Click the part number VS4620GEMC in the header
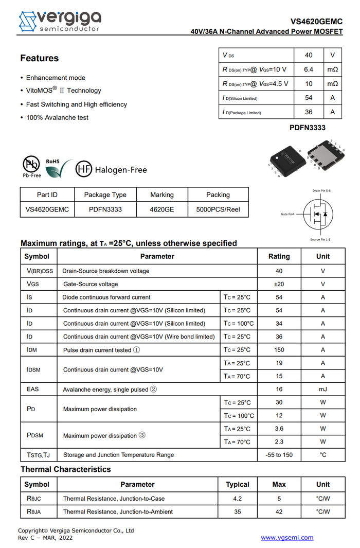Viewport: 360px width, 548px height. [316, 22]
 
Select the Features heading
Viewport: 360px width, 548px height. [40, 58]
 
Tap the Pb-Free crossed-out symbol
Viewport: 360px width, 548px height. [31, 165]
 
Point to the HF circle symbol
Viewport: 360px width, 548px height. [84, 169]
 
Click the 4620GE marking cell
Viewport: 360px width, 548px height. [162, 209]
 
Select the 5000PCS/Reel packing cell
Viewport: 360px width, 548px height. [218, 209]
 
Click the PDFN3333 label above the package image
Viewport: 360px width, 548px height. [308, 128]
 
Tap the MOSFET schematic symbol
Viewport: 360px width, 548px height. [317, 215]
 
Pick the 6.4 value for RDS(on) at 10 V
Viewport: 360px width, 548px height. [309, 69]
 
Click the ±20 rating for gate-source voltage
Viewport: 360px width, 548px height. [279, 284]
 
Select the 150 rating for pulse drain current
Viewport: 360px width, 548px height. [279, 350]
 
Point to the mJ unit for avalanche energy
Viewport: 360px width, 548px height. [323, 390]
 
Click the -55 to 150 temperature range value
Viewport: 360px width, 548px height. [279, 455]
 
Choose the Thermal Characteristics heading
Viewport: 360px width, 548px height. [65, 469]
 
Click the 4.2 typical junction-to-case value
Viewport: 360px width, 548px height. [238, 499]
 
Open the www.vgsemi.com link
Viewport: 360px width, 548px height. [287, 538]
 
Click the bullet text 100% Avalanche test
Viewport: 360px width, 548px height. [57, 118]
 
